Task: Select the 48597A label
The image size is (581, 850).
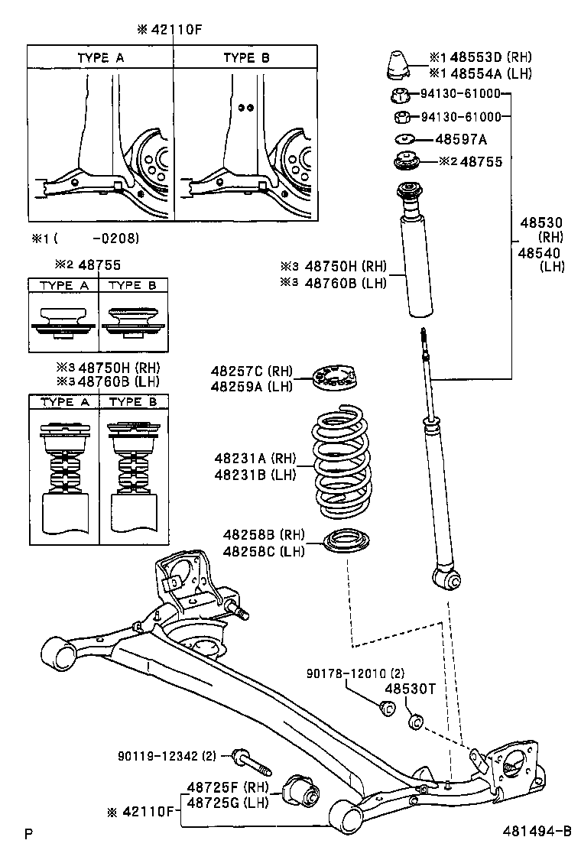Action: coord(461,139)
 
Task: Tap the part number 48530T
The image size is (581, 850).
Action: coord(409,689)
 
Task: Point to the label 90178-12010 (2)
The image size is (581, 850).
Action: coord(355,673)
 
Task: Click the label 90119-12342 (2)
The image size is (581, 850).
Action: coord(167,756)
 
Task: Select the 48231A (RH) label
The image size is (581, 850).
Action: coord(255,459)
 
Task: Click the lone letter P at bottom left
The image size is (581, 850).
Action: coord(28,832)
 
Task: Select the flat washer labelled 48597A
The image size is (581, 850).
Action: coord(404,139)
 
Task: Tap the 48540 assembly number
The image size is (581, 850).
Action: coord(540,253)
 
